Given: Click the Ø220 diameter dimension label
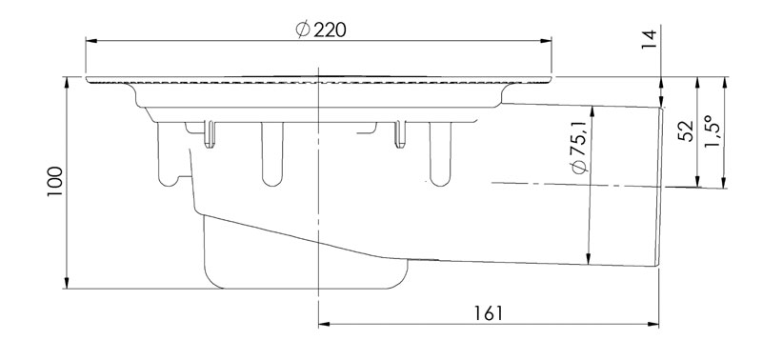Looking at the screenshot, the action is [321, 30].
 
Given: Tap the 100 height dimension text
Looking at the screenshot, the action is [55, 182].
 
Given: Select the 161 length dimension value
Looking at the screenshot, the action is [489, 313].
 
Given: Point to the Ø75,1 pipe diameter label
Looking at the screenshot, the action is [580, 148].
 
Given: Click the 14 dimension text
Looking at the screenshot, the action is [649, 40].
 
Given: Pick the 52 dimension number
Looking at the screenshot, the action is [686, 131].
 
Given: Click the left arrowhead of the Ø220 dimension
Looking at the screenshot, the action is [90, 41].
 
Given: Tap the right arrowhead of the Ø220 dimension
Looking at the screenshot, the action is [546, 41].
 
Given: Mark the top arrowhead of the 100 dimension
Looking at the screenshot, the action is [67, 83].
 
